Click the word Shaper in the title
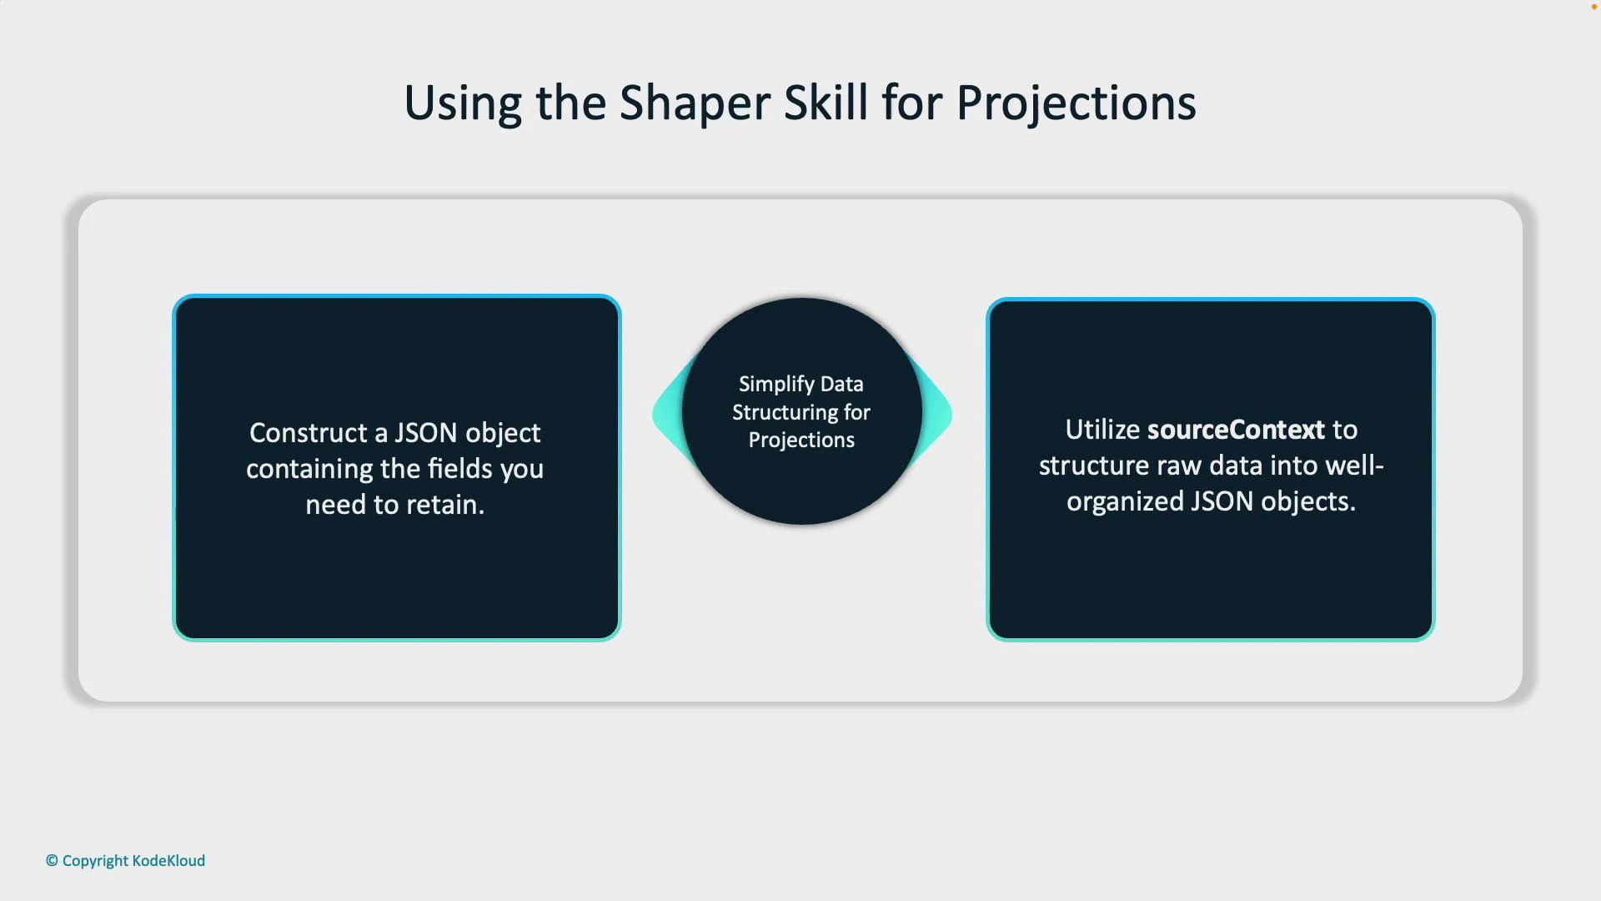pyautogui.click(x=695, y=103)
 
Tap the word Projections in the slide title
pyautogui.click(x=1076, y=103)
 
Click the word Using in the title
pyautogui.click(x=463, y=103)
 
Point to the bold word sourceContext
pyautogui.click(x=1236, y=430)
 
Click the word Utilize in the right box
pyautogui.click(x=1102, y=430)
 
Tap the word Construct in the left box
pyautogui.click(x=309, y=433)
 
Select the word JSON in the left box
pyautogui.click(x=425, y=433)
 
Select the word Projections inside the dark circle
pyautogui.click(x=801, y=440)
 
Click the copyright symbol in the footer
pyautogui.click(x=52, y=861)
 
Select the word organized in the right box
pyautogui.click(x=1125, y=501)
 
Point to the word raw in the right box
pyautogui.click(x=1179, y=466)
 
